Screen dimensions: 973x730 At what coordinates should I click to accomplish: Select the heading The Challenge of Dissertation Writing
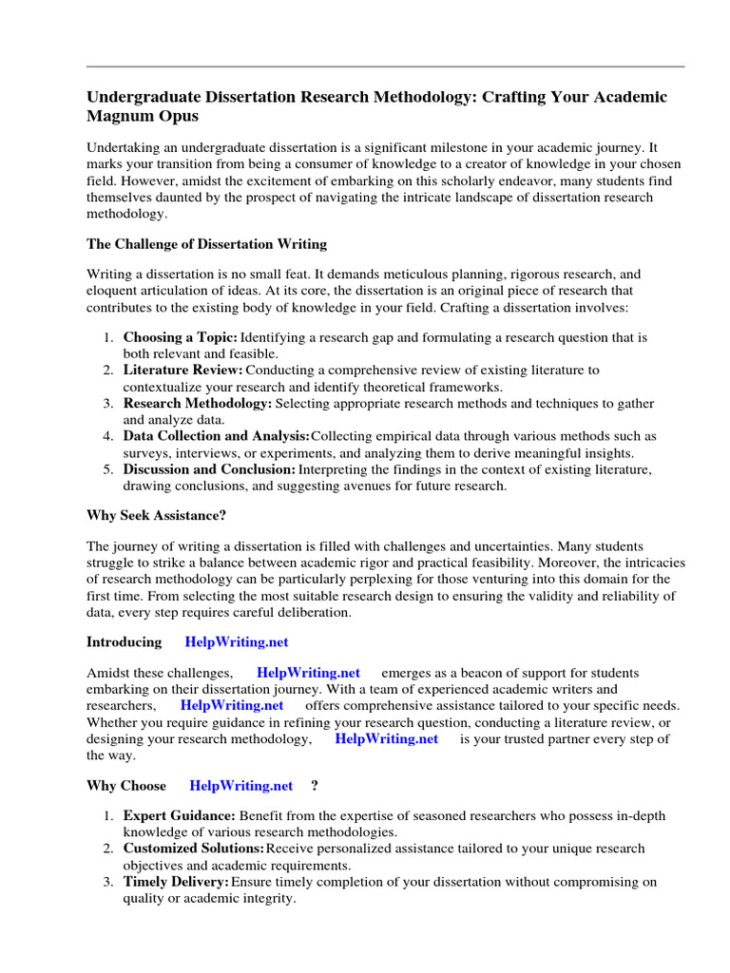206,244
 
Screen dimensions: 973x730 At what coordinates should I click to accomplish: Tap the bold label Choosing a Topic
180,337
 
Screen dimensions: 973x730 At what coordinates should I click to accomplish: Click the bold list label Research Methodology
198,403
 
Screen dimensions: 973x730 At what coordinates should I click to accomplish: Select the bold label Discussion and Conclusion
209,469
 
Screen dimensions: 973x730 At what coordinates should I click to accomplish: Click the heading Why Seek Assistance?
156,516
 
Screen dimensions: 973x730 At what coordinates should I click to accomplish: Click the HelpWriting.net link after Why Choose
241,786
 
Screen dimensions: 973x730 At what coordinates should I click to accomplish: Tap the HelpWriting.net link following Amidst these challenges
309,673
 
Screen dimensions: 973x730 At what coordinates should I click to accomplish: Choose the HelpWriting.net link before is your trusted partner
387,738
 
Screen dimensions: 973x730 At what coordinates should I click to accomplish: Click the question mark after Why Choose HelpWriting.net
315,786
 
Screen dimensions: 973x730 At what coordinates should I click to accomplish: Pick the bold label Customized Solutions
194,848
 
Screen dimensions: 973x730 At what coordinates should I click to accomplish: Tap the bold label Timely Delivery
176,882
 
